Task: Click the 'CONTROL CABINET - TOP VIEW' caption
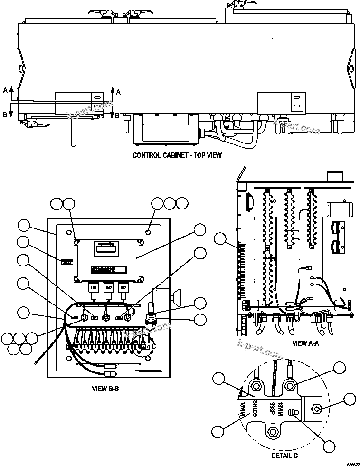tap(177, 155)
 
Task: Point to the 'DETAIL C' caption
tap(284, 456)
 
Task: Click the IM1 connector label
tap(94, 288)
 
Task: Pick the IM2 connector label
tap(109, 288)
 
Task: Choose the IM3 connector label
tap(123, 288)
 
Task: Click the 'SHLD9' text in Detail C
tap(255, 409)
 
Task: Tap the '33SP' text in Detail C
tap(271, 409)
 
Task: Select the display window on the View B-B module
tap(107, 248)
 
